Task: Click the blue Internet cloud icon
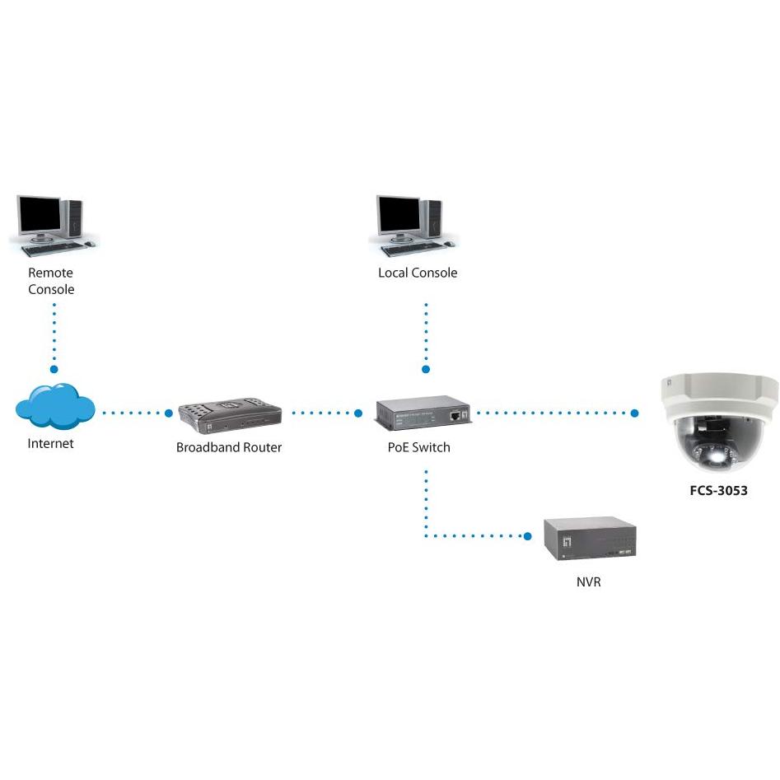(55, 405)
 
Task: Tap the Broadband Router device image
(230, 416)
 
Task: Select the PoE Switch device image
(423, 413)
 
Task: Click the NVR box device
(590, 539)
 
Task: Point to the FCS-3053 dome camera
(719, 422)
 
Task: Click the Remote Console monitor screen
(40, 214)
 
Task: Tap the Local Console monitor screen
(399, 214)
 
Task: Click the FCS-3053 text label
(718, 490)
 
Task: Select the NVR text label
(588, 581)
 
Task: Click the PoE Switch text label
(419, 447)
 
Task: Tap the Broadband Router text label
(229, 447)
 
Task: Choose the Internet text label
(50, 443)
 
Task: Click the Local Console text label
(418, 273)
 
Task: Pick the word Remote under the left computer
(50, 273)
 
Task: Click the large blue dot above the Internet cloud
(54, 369)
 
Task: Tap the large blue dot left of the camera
(634, 413)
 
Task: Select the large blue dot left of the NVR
(528, 535)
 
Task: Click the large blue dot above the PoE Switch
(426, 369)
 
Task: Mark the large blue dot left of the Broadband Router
(169, 413)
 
